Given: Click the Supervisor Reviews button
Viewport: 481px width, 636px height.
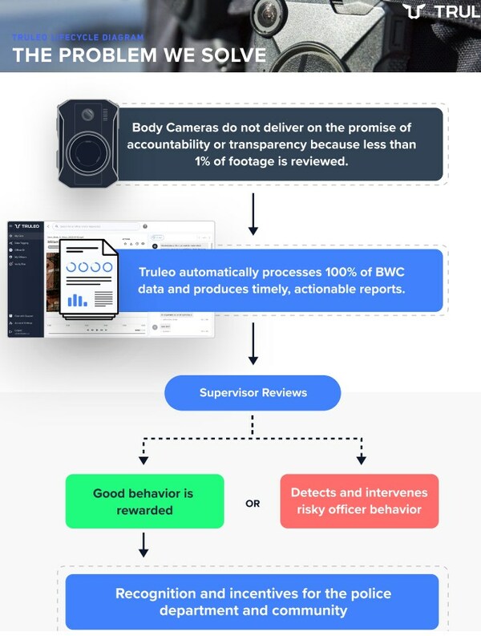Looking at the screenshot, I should [253, 393].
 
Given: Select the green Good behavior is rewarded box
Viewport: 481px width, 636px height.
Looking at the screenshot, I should [144, 501].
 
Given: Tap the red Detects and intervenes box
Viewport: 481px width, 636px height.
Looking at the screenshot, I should [359, 501].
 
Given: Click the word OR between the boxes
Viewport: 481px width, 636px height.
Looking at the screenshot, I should [253, 504].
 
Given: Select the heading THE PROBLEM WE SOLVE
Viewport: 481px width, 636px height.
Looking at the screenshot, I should [139, 55].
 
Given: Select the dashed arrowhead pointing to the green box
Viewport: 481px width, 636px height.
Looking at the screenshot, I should [143, 460].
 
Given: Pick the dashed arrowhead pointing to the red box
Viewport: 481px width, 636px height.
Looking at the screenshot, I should [361, 460].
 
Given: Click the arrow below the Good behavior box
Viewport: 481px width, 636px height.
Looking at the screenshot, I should [143, 545].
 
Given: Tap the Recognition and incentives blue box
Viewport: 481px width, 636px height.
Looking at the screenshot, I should [253, 602].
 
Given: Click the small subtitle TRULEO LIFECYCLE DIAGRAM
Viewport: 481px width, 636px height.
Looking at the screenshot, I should [78, 38].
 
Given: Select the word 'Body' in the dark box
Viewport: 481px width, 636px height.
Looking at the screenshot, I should [149, 128].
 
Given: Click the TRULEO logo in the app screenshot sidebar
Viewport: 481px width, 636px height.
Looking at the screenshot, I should [26, 227].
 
